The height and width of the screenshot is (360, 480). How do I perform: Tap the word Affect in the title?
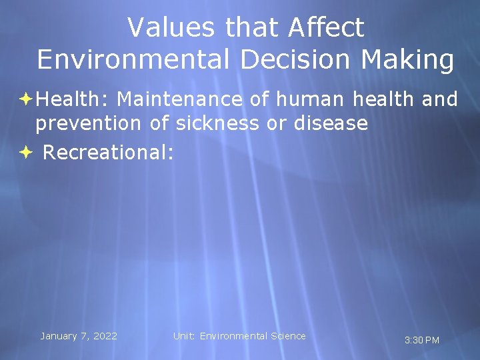(x=327, y=27)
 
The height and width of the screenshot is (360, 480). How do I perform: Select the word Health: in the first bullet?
(x=73, y=100)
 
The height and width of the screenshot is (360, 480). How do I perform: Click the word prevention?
(x=88, y=123)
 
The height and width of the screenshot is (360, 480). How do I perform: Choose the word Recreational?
(x=108, y=153)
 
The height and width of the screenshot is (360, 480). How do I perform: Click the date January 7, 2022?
(x=79, y=336)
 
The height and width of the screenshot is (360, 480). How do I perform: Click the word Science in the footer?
(x=288, y=336)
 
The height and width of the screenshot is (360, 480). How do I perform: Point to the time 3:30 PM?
(x=422, y=340)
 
